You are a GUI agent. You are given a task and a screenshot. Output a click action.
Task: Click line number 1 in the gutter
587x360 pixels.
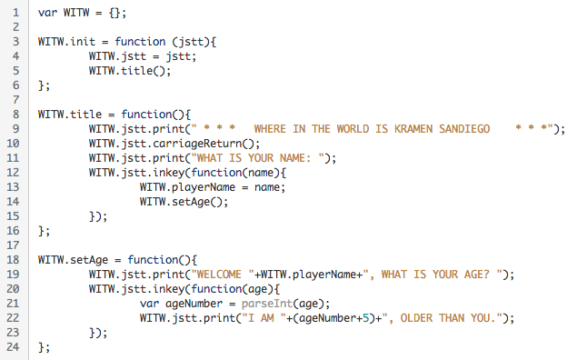(15, 14)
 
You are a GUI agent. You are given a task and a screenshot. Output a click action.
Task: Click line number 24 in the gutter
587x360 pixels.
(13, 346)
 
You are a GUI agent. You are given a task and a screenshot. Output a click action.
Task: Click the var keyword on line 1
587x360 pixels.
(48, 14)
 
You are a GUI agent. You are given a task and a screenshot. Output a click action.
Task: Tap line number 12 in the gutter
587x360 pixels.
(13, 173)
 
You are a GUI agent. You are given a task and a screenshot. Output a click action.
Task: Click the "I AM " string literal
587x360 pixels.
(270, 317)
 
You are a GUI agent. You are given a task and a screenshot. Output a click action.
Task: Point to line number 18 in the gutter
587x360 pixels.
(13, 259)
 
